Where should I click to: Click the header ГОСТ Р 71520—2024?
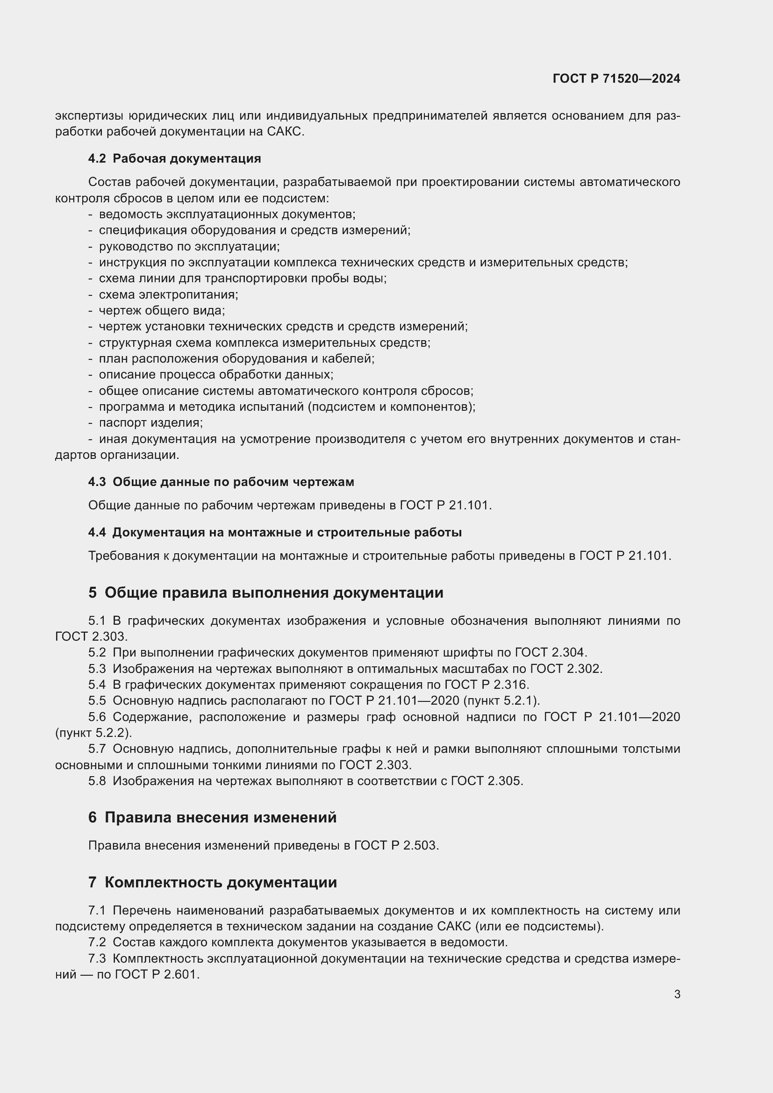616,79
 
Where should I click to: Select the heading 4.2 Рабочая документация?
174,158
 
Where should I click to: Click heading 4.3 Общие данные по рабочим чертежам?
221,482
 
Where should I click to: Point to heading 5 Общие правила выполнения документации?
265,593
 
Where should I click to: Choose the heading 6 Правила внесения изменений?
212,817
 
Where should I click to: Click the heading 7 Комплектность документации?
212,882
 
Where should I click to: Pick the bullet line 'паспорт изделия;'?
150,423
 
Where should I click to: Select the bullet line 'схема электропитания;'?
168,295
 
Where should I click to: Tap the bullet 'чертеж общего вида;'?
161,310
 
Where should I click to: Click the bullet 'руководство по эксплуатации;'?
189,247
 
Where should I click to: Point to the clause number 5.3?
97,669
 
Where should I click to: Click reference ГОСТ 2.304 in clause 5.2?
551,653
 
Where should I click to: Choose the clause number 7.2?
97,942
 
